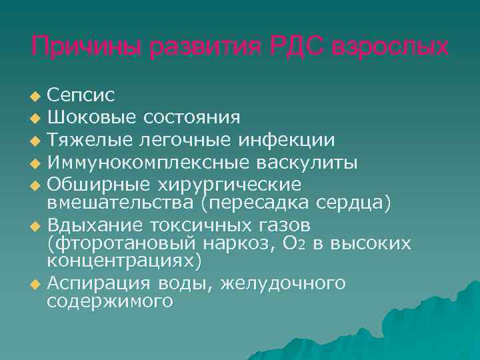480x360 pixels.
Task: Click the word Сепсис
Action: point(81,97)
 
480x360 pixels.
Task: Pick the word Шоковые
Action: point(90,119)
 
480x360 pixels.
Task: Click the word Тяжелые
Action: point(88,140)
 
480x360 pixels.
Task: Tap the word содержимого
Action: point(110,301)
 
